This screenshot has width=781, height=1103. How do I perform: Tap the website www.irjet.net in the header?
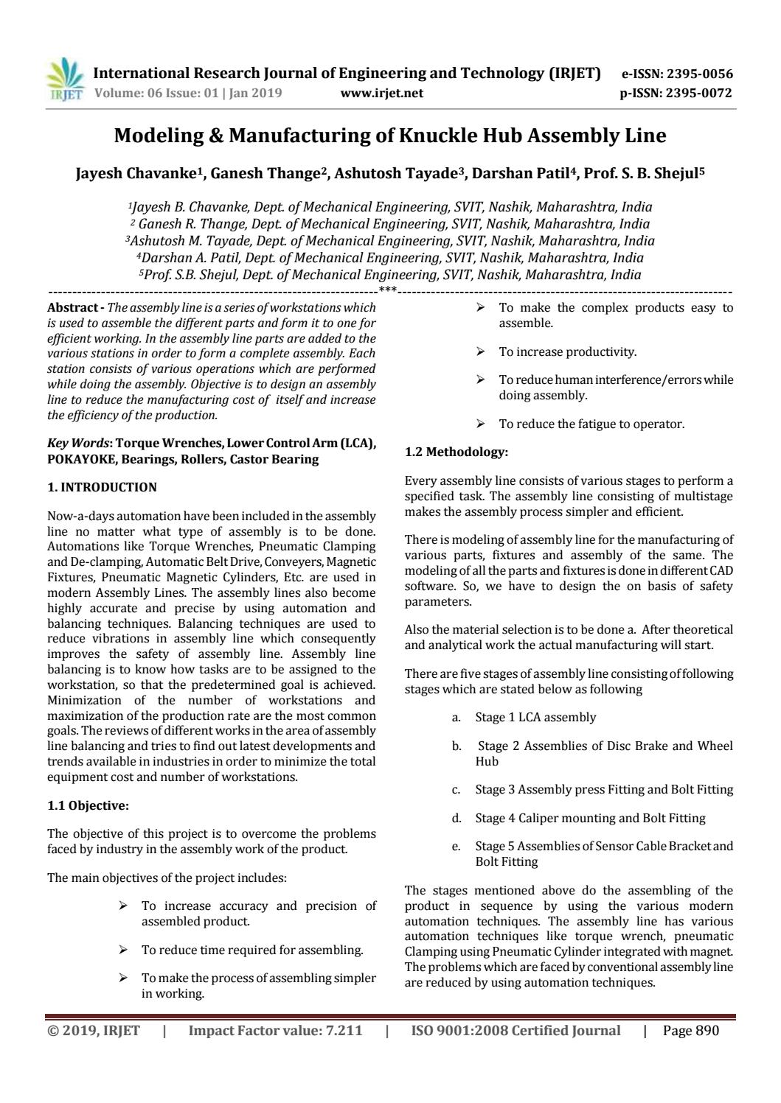tap(382, 93)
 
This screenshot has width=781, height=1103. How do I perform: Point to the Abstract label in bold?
tap(72, 307)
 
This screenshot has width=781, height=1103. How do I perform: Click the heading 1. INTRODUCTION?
tap(102, 487)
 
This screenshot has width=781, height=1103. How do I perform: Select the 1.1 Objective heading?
tap(88, 805)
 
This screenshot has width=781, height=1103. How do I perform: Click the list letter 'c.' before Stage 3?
tap(457, 790)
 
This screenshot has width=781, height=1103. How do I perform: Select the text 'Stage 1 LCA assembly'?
tap(535, 717)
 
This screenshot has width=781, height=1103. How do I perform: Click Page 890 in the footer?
tap(690, 1031)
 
